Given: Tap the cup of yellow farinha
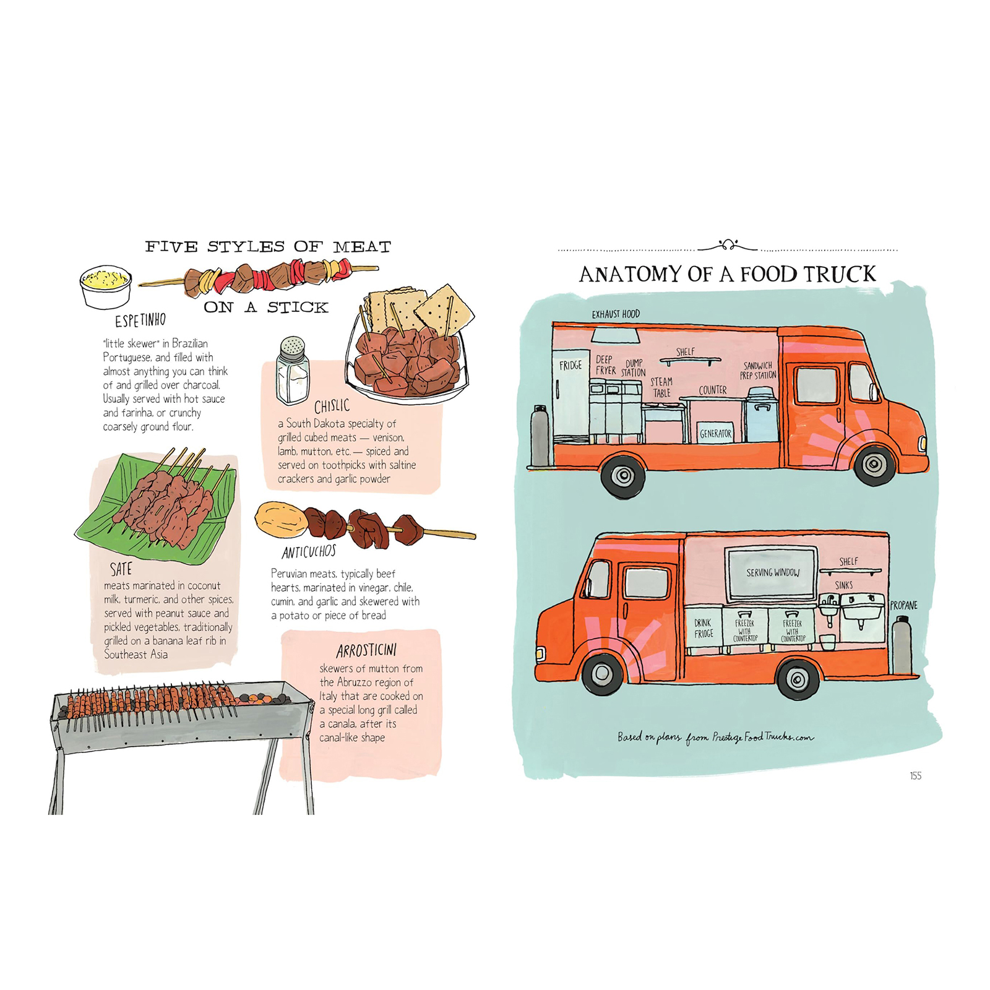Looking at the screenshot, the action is (x=106, y=286).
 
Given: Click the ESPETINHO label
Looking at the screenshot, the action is (x=140, y=321).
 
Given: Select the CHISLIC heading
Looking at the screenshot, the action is (x=332, y=406).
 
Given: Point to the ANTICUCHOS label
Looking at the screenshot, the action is (x=309, y=551).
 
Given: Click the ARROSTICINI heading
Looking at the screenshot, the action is (x=367, y=650).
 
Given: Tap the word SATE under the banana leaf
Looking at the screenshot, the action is (x=121, y=569).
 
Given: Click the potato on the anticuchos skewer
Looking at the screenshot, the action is (x=282, y=520).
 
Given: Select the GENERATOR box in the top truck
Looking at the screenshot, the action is (x=715, y=434).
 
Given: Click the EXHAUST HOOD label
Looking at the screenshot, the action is (x=616, y=314).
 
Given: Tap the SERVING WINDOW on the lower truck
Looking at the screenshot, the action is (x=772, y=573).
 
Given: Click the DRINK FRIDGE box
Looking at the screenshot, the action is (x=704, y=629).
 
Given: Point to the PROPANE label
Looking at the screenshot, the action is (x=903, y=605).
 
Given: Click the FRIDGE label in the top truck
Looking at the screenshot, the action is (x=570, y=365).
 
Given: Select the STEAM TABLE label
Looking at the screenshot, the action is (x=661, y=387).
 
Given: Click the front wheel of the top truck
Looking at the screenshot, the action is (x=874, y=463).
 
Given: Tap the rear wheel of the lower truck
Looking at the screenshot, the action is (x=798, y=679).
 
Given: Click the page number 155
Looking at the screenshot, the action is (x=915, y=776).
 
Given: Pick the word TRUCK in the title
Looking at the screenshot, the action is (x=838, y=274).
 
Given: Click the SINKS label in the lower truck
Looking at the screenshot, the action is (x=843, y=585).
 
